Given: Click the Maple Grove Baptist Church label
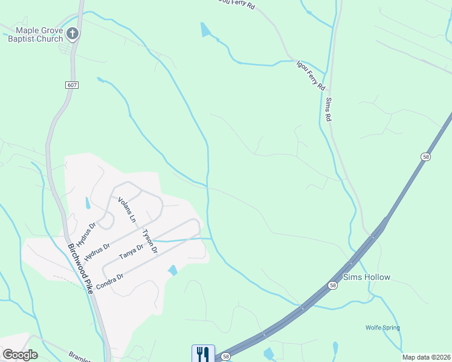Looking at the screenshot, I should pyautogui.click(x=35, y=34).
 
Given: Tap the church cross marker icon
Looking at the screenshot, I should pyautogui.click(x=73, y=34).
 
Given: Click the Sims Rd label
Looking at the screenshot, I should pyautogui.click(x=329, y=110).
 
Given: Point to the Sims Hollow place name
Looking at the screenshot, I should pyautogui.click(x=367, y=278).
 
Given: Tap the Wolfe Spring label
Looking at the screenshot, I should pyautogui.click(x=383, y=328).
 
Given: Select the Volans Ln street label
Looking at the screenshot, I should pyautogui.click(x=128, y=210).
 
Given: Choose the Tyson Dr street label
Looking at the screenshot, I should pyautogui.click(x=149, y=241).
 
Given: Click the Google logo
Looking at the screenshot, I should pyautogui.click(x=20, y=355).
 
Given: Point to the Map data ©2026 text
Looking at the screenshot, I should pyautogui.click(x=426, y=357).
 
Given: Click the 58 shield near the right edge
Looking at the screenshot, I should pyautogui.click(x=425, y=156).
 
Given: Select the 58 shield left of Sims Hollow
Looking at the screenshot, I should pyautogui.click(x=333, y=284).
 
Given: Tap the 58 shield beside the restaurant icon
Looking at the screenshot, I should pyautogui.click(x=225, y=357).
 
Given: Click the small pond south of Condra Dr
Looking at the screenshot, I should pyautogui.click(x=173, y=270).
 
